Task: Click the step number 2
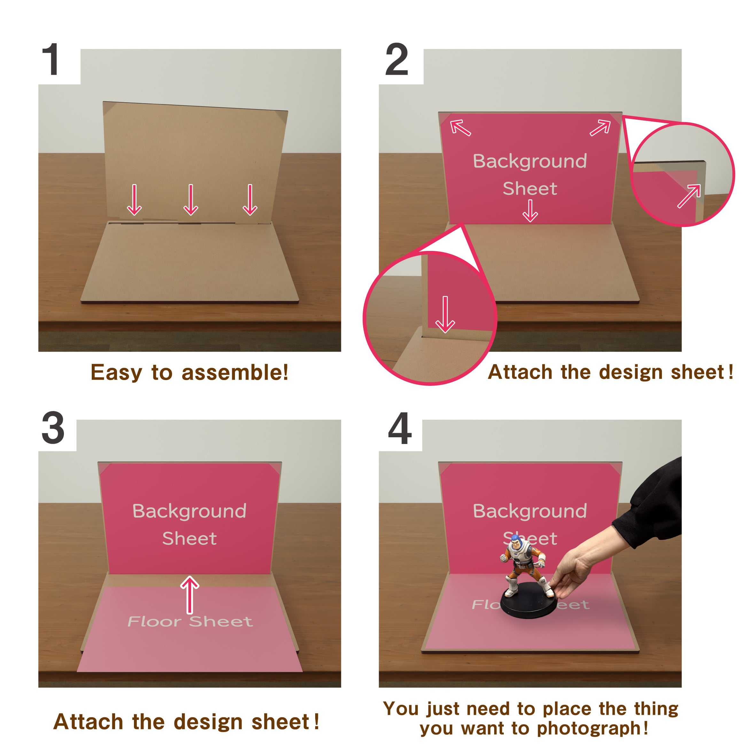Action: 397,59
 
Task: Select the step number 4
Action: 400,428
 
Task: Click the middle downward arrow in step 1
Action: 191,200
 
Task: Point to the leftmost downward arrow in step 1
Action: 135,200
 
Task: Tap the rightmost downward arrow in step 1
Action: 250,200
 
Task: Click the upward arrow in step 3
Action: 190,595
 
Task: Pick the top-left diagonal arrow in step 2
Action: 460,128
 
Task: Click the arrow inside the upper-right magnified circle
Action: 689,196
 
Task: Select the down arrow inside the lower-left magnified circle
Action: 445,315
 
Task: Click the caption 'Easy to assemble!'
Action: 190,372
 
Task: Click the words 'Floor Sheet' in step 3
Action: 190,621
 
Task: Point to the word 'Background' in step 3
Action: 190,511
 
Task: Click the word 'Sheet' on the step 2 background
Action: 530,189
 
